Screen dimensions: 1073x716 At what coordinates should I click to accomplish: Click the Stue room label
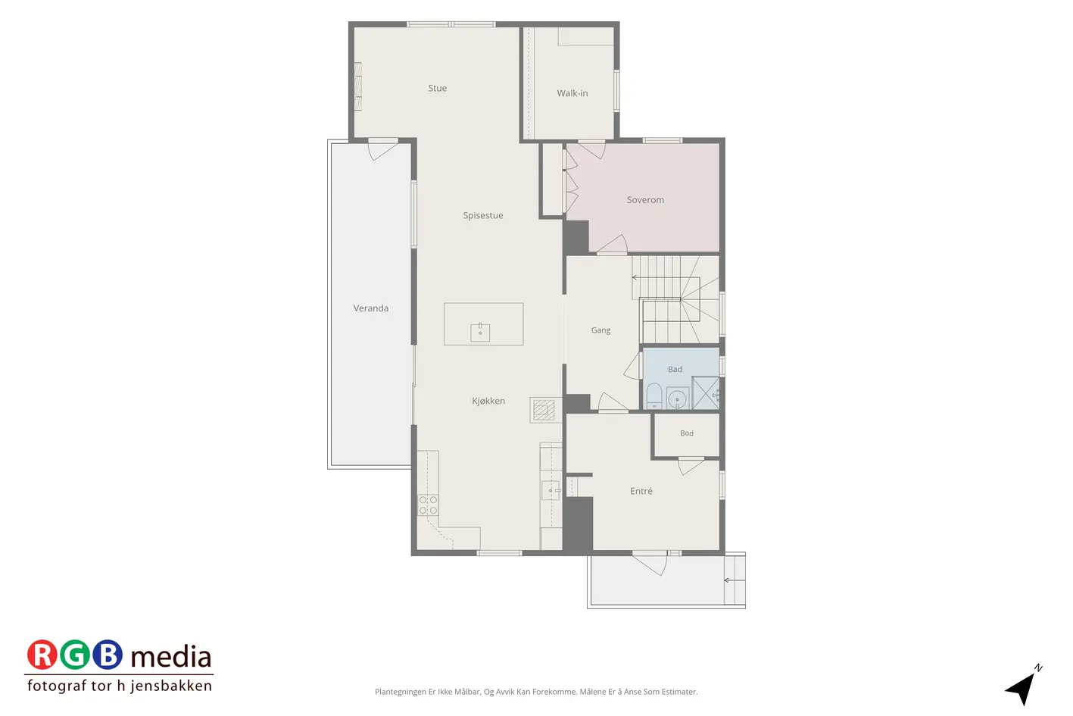pos(438,88)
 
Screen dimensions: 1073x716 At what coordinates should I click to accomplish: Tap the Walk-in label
pos(572,93)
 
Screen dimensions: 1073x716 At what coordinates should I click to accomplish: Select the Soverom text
pos(645,200)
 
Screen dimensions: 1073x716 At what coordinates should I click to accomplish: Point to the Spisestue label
pos(483,216)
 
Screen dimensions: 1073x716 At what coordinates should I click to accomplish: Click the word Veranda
pos(371,308)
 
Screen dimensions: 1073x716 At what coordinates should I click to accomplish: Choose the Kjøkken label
pos(488,401)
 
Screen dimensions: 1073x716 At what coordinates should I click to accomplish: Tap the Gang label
pos(600,330)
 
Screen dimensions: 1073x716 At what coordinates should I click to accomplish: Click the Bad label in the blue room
pos(675,369)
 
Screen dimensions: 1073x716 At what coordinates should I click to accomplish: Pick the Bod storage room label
pos(687,433)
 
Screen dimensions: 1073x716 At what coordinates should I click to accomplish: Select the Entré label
pos(641,491)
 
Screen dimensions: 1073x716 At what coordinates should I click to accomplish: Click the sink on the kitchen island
pos(480,332)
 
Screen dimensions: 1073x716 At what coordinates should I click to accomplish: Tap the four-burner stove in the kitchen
pos(428,505)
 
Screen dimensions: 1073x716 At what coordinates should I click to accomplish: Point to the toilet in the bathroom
pos(653,396)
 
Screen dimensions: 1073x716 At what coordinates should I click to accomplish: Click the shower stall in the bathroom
pos(706,393)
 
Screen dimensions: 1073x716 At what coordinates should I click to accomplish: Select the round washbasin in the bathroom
pos(677,399)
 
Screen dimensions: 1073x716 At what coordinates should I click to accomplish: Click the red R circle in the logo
pos(42,655)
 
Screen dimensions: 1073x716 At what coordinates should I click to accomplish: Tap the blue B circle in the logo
pos(108,655)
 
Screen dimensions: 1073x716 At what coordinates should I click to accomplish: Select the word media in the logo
pos(170,657)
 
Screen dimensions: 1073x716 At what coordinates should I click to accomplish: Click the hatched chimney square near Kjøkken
pos(544,410)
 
